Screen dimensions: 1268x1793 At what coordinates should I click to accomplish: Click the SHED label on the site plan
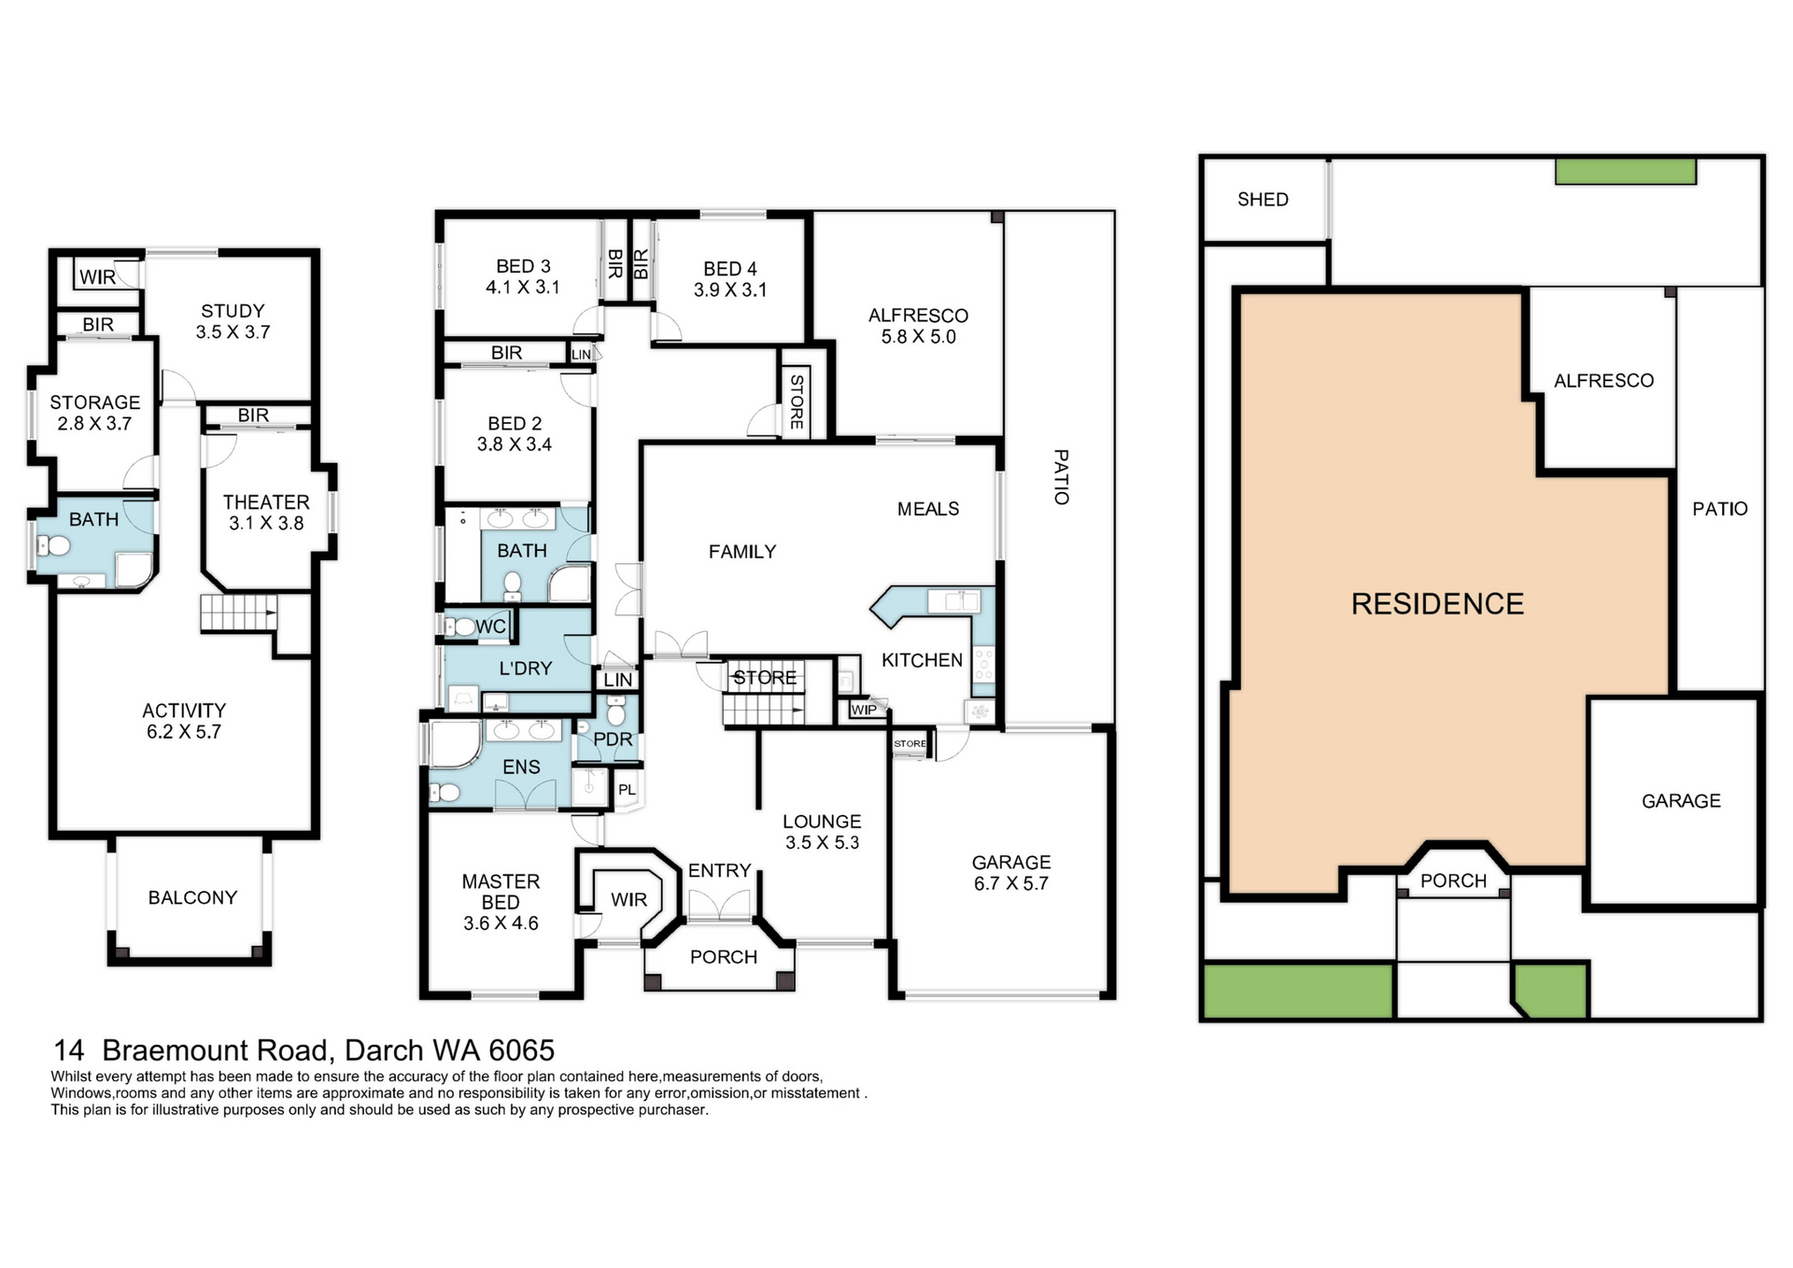tap(1262, 199)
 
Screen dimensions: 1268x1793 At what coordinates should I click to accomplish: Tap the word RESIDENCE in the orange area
tap(1436, 604)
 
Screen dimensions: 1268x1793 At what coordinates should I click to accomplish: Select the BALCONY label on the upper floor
tap(192, 897)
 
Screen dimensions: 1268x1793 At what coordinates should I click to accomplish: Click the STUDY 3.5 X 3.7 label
tap(233, 321)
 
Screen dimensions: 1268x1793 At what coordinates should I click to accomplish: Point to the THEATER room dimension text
tap(266, 523)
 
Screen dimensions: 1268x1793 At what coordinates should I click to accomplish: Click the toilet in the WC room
tap(462, 627)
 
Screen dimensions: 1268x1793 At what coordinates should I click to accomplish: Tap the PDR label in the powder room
tap(613, 739)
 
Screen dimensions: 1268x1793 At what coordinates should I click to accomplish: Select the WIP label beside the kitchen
tap(864, 710)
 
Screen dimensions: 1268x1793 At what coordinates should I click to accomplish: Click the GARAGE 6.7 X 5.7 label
tap(1010, 872)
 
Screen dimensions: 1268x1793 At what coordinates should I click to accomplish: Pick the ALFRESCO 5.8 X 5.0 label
tap(918, 326)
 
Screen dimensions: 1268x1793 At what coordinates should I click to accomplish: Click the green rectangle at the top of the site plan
tap(1625, 172)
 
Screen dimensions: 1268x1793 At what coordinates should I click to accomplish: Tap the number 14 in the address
tap(69, 1050)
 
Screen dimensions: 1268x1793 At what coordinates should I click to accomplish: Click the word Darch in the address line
tap(382, 1050)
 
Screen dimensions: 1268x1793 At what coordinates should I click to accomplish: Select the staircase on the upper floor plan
tap(238, 613)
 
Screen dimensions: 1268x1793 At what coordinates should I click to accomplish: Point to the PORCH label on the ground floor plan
tap(723, 957)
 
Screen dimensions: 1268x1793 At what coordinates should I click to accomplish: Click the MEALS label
tap(927, 509)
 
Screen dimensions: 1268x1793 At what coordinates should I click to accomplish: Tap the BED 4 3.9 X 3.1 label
tap(729, 279)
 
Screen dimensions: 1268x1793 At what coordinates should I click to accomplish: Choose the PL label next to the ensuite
tap(627, 789)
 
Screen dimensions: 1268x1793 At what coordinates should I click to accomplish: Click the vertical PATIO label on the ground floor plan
tap(1061, 477)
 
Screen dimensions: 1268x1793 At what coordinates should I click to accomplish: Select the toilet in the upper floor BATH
tap(58, 546)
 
